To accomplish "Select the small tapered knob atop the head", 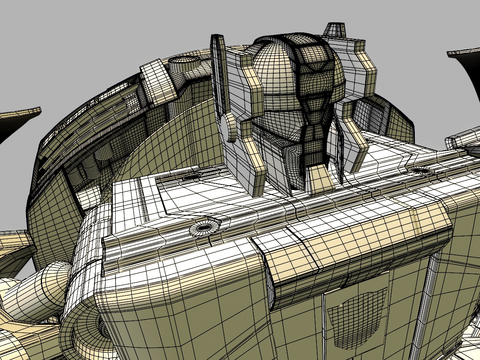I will pyautogui.click(x=335, y=30).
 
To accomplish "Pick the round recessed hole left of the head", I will pyautogui.click(x=192, y=176).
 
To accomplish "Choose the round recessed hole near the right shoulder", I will pyautogui.click(x=420, y=170).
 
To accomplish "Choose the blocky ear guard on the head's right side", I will pyautogui.click(x=356, y=68).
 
